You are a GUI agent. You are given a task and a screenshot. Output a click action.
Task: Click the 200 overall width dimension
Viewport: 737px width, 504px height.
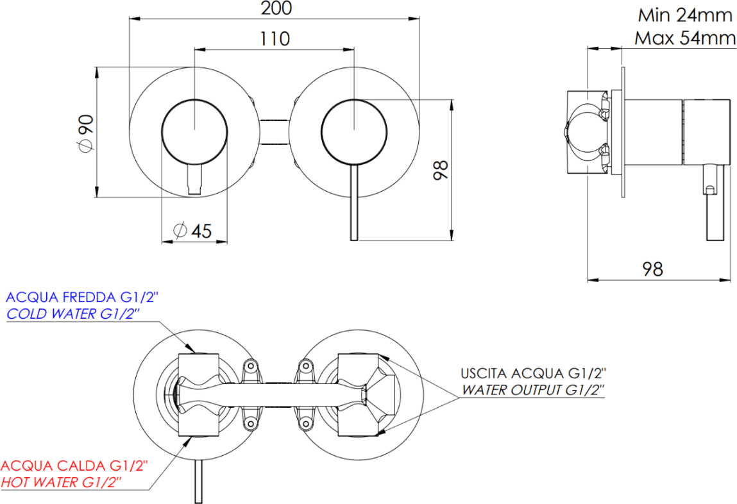pyautogui.click(x=276, y=8)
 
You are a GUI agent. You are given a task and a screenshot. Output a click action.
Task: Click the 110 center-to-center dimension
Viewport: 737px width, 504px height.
pyautogui.click(x=275, y=38)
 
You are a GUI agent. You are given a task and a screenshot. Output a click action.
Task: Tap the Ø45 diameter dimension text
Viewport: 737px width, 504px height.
pyautogui.click(x=192, y=230)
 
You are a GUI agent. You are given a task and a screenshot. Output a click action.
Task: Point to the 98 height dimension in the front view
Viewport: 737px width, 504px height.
pyautogui.click(x=440, y=170)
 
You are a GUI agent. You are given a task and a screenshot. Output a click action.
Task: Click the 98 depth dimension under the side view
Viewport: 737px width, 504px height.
pyautogui.click(x=652, y=269)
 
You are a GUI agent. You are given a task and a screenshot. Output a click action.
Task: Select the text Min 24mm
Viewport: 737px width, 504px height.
pyautogui.click(x=684, y=14)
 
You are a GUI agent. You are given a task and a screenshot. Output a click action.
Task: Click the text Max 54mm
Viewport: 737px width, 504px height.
pyautogui.click(x=684, y=38)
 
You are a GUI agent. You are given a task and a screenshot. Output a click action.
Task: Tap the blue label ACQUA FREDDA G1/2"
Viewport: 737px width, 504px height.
pyautogui.click(x=81, y=298)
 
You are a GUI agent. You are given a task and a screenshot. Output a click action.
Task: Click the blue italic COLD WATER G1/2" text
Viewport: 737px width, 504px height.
pyautogui.click(x=73, y=314)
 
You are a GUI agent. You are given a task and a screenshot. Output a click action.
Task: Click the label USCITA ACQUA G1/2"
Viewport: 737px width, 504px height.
pyautogui.click(x=533, y=373)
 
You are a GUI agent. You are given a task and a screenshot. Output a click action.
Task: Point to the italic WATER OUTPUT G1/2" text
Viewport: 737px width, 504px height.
pyautogui.click(x=533, y=389)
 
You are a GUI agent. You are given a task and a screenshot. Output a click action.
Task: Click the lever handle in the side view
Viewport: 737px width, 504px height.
pyautogui.click(x=714, y=205)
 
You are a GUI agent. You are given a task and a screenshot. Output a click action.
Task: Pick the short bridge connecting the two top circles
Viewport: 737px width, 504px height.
pyautogui.click(x=275, y=132)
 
